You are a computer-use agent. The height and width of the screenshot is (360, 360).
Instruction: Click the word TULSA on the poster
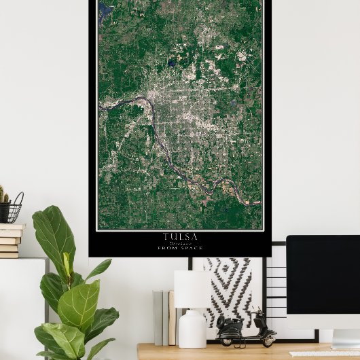(180, 236)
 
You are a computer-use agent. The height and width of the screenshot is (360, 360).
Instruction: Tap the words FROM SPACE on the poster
(180, 248)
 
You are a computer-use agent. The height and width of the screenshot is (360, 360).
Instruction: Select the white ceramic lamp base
(192, 329)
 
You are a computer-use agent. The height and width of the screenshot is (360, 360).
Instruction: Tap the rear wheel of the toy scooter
(226, 340)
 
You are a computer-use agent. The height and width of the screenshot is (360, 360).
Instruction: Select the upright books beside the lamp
(164, 317)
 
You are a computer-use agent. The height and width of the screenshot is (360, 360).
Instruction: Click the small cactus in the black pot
(4, 196)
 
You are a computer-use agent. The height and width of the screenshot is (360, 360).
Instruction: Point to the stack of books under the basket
(10, 241)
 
